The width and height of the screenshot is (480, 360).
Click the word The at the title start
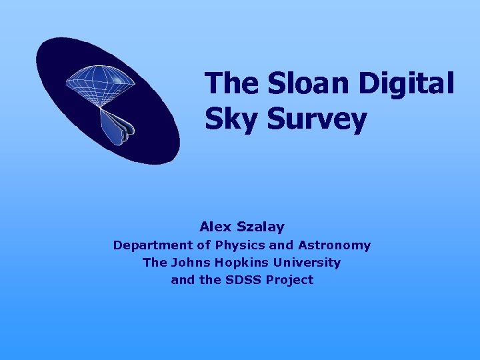[x=231, y=83]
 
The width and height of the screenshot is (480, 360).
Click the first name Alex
[x=213, y=227]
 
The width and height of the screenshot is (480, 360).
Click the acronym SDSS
[x=243, y=280]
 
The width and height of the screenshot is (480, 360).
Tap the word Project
[x=289, y=280]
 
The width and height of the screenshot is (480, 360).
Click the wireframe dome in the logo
[x=100, y=83]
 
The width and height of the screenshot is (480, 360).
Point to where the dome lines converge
[x=100, y=107]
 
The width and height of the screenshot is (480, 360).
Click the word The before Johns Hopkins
[x=155, y=263]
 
